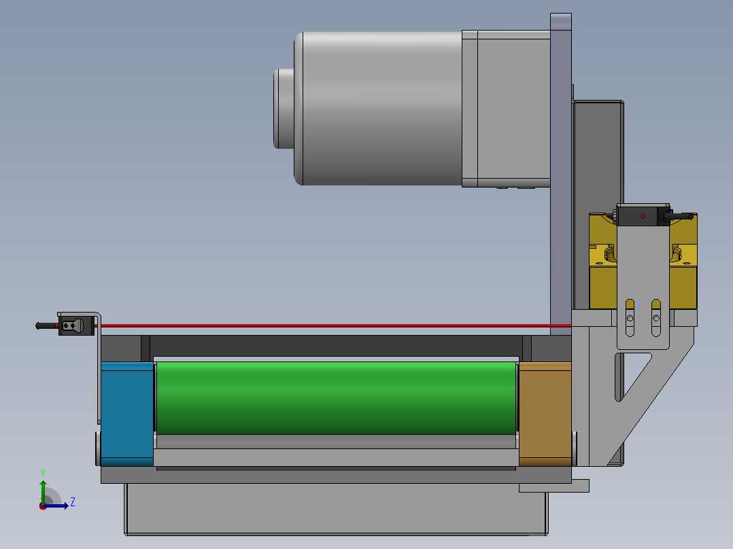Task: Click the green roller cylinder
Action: [x=336, y=398]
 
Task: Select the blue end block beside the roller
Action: [x=127, y=414]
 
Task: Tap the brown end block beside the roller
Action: [x=545, y=414]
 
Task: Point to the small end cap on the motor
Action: [x=284, y=109]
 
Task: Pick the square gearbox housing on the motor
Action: [x=506, y=109]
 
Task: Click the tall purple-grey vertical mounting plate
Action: [x=561, y=174]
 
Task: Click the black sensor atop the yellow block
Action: [x=643, y=215]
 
